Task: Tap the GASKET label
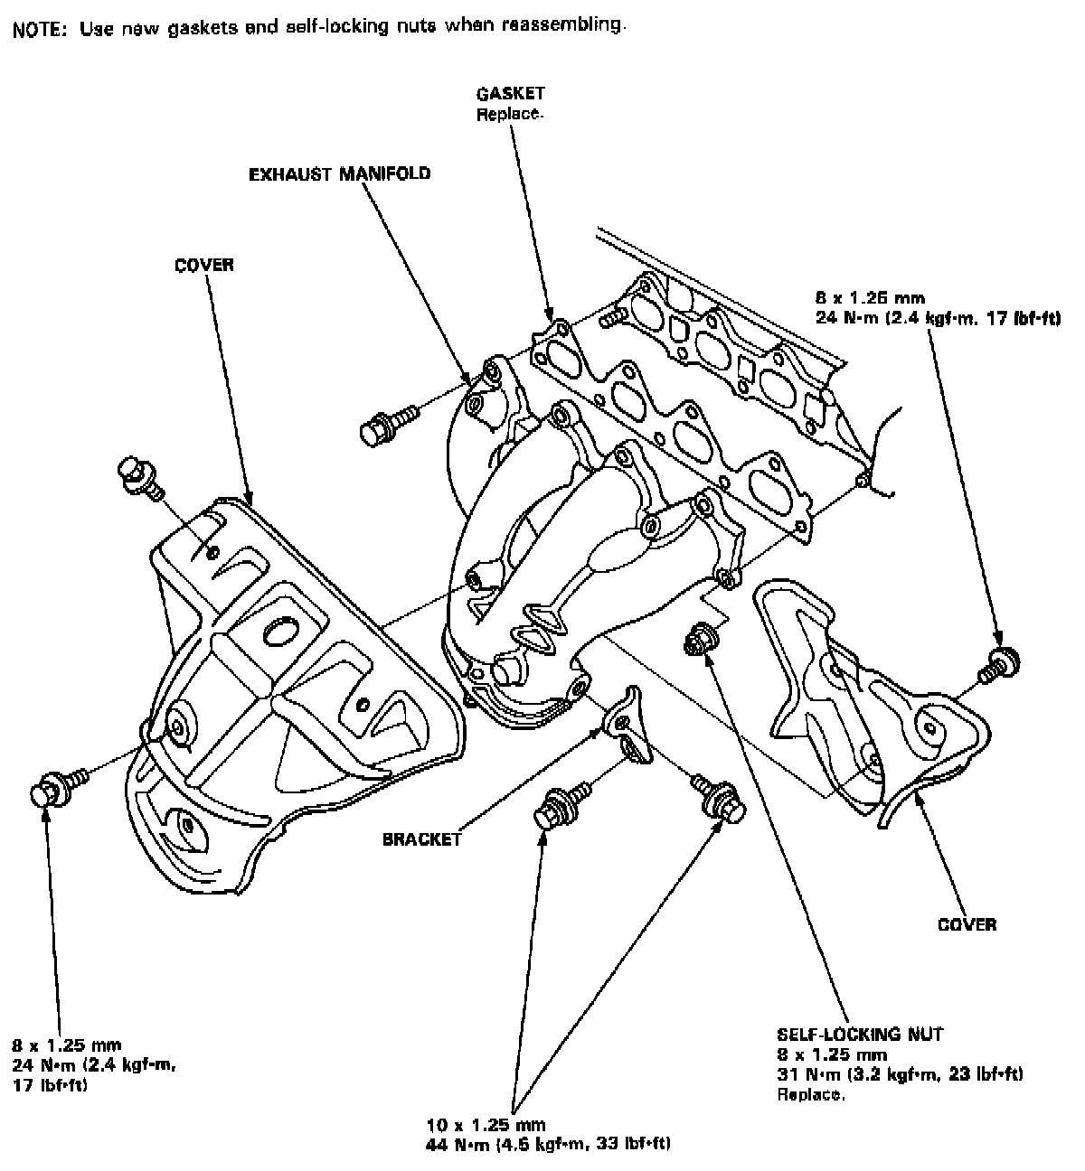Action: (x=510, y=93)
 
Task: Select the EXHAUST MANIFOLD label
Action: (x=339, y=174)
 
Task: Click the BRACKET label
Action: (x=421, y=838)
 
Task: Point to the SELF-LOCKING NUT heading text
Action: (x=860, y=1034)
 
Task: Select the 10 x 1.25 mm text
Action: (x=486, y=1124)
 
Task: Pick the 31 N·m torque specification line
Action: (x=900, y=1073)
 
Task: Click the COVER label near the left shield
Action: (x=204, y=265)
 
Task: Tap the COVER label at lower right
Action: (x=967, y=924)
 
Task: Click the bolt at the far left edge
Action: (x=58, y=785)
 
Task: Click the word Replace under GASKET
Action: (x=509, y=114)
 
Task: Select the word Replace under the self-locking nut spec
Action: (x=810, y=1094)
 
